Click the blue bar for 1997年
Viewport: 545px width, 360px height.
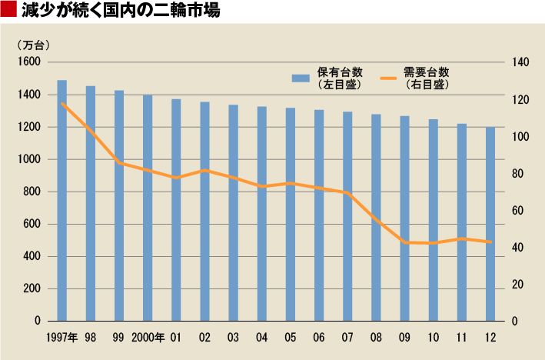tap(61, 200)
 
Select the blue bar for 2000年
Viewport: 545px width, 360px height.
tap(148, 208)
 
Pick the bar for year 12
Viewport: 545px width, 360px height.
tap(490, 223)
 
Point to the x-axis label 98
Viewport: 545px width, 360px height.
tap(91, 337)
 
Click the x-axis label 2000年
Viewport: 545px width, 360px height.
tap(148, 337)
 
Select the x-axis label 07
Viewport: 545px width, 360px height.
tap(347, 337)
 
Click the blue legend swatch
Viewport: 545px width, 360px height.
tap(301, 78)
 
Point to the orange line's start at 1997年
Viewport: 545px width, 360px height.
tap(61, 103)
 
